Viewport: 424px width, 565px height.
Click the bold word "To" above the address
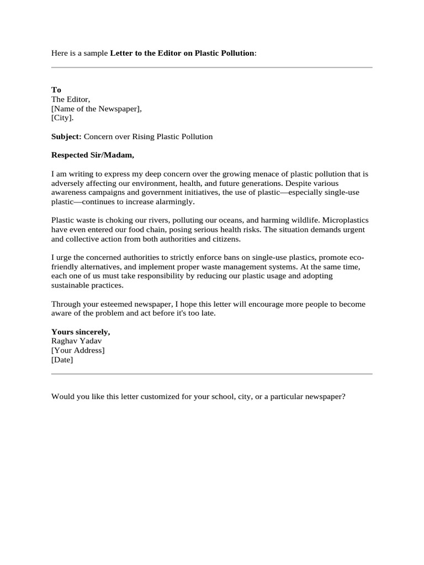56,90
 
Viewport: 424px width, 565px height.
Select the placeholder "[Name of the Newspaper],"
97,109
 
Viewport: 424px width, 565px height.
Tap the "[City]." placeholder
62,118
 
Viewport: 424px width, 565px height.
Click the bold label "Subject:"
66,136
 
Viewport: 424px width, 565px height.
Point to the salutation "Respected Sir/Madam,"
93,155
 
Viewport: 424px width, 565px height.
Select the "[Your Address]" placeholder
78,350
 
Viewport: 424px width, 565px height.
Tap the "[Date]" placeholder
62,360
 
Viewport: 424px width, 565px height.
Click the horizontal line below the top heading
212,68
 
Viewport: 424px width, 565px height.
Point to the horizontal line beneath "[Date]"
212,374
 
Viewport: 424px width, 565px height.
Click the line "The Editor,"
71,99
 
